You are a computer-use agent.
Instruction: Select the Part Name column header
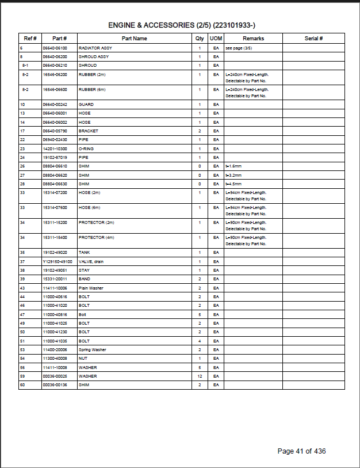click(x=134, y=39)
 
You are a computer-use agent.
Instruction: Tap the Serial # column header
click(x=313, y=39)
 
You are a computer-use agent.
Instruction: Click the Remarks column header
click(x=252, y=39)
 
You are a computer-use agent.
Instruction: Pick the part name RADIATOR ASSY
click(x=93, y=48)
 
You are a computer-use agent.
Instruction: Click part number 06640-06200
click(x=55, y=57)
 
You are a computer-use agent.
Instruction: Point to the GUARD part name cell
click(x=86, y=105)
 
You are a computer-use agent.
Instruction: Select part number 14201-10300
click(x=55, y=149)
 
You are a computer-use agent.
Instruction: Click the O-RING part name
click(x=86, y=149)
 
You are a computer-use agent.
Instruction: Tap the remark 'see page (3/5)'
click(x=239, y=48)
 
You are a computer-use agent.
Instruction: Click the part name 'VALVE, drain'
click(x=91, y=262)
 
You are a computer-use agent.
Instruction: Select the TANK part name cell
click(x=85, y=253)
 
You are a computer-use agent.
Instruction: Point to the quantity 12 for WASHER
click(x=200, y=376)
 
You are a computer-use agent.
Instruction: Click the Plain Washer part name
click(x=91, y=288)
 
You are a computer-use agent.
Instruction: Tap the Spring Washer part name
click(x=93, y=349)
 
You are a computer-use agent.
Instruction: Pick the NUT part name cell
click(x=83, y=358)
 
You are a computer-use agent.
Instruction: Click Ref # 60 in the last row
click(x=22, y=385)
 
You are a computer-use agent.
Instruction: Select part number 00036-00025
click(x=55, y=376)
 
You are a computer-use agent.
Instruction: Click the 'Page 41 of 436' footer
click(x=301, y=451)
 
